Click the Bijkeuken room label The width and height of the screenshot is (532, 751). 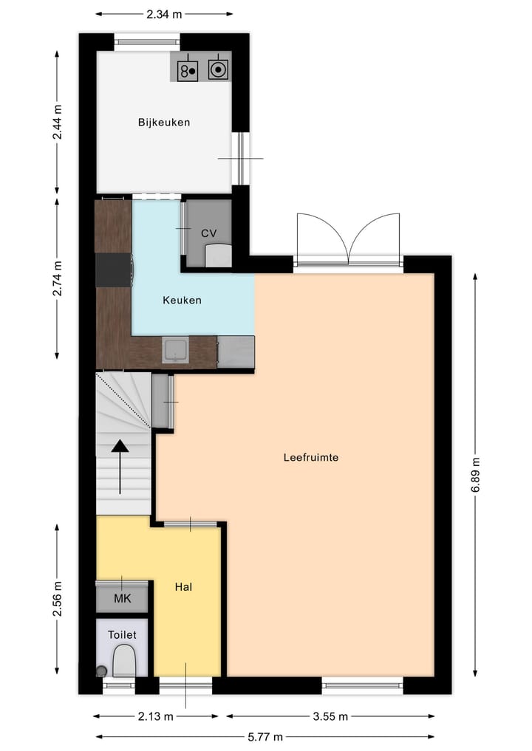pyautogui.click(x=163, y=123)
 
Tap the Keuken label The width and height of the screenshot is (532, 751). pyautogui.click(x=182, y=301)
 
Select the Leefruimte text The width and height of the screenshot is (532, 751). pyautogui.click(x=310, y=457)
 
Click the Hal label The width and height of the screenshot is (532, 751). pyautogui.click(x=184, y=587)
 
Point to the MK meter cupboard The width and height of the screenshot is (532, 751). pyautogui.click(x=122, y=598)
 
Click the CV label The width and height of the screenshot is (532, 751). pyautogui.click(x=209, y=233)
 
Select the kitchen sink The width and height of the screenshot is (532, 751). pyautogui.click(x=175, y=350)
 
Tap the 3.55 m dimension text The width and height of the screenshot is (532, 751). pyautogui.click(x=330, y=716)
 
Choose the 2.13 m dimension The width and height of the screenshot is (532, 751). pyautogui.click(x=156, y=716)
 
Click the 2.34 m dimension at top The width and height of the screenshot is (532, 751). pyautogui.click(x=165, y=13)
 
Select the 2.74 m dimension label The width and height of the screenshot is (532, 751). pyautogui.click(x=58, y=278)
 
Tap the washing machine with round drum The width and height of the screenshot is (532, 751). pyautogui.click(x=218, y=69)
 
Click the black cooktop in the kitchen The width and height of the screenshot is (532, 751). pyautogui.click(x=114, y=270)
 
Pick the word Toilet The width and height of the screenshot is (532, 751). pyautogui.click(x=122, y=634)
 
